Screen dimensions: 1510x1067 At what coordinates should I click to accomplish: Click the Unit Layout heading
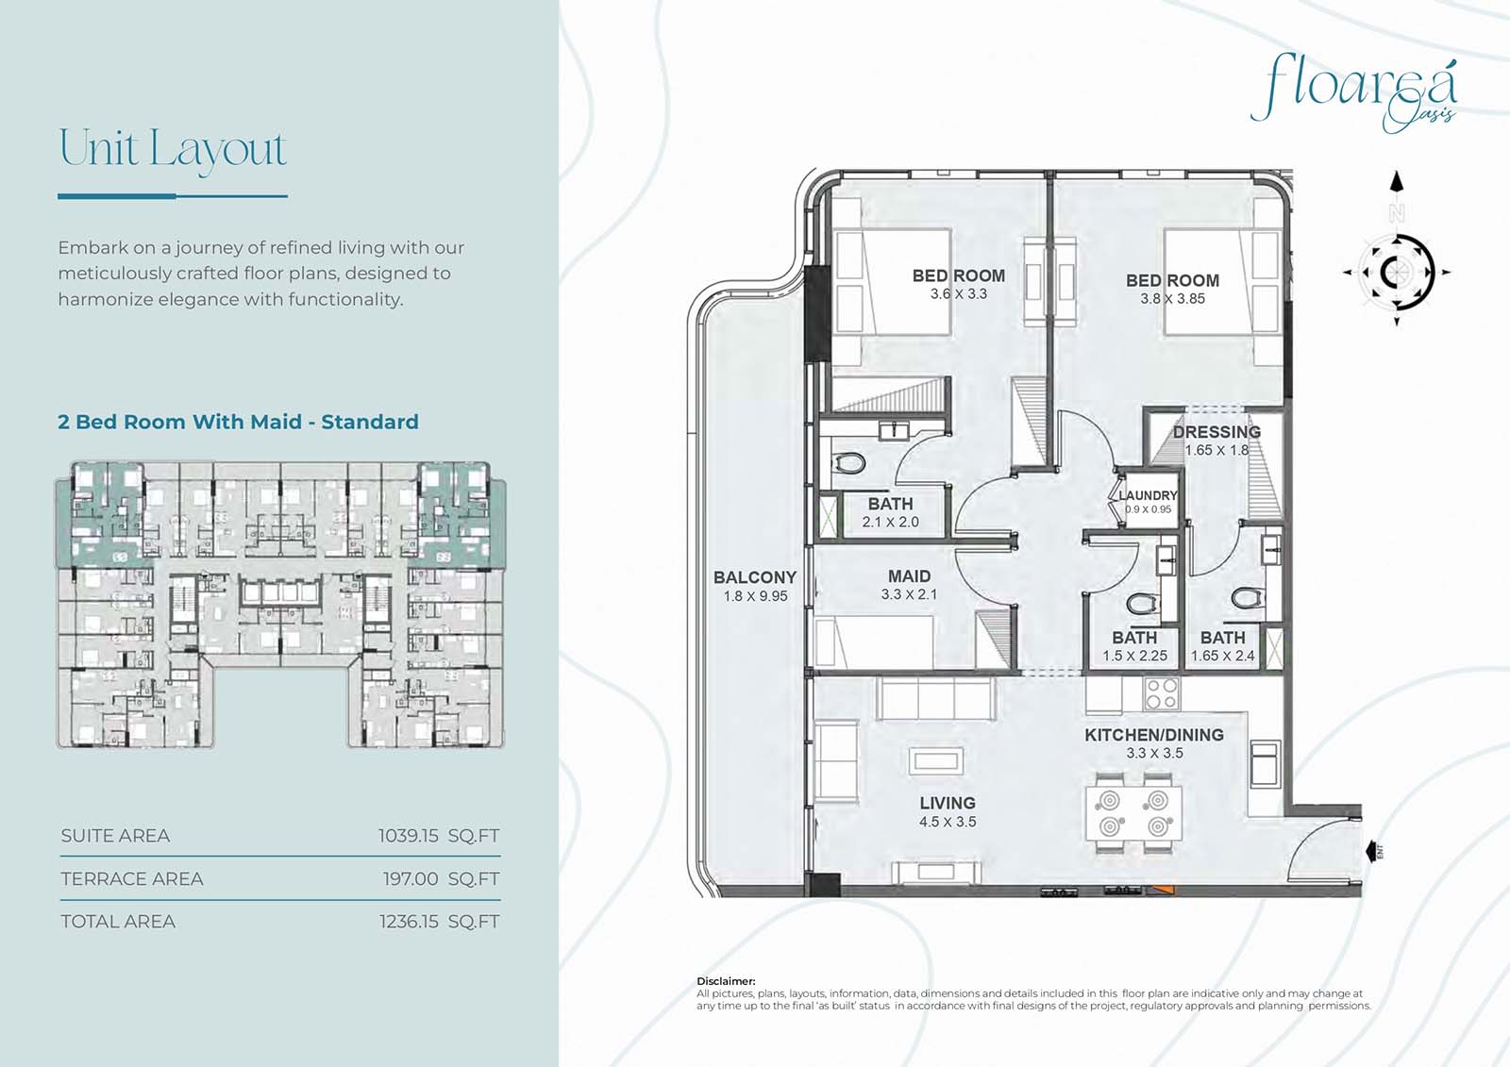pos(173,150)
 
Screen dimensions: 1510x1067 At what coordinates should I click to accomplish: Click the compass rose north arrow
pos(1397,182)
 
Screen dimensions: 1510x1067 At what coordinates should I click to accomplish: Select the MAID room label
pos(909,576)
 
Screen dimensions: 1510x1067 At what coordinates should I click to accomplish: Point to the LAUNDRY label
pos(1148,495)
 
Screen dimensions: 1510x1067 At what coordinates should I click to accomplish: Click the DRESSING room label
pos(1216,432)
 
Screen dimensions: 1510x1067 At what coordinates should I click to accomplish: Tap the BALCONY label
pos(755,577)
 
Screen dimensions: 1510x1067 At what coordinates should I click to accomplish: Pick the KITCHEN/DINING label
pos(1154,735)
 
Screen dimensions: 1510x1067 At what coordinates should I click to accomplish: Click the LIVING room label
pos(948,803)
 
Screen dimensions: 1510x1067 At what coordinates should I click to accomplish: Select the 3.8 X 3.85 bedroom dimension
pos(1172,299)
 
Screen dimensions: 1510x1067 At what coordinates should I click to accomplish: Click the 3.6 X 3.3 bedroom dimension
pos(959,294)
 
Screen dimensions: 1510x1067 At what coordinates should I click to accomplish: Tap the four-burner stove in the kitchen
pos(1162,693)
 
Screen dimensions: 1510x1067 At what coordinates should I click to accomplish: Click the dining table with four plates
pos(1133,813)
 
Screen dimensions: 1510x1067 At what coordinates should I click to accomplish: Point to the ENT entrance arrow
pos(1373,851)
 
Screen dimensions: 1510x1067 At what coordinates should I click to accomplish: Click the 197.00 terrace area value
pos(411,879)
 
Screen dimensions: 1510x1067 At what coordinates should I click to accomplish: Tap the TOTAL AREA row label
pos(118,922)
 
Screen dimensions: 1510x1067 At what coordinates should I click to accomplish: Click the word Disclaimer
pos(726,981)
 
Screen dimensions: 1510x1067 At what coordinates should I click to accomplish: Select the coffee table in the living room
pos(935,761)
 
